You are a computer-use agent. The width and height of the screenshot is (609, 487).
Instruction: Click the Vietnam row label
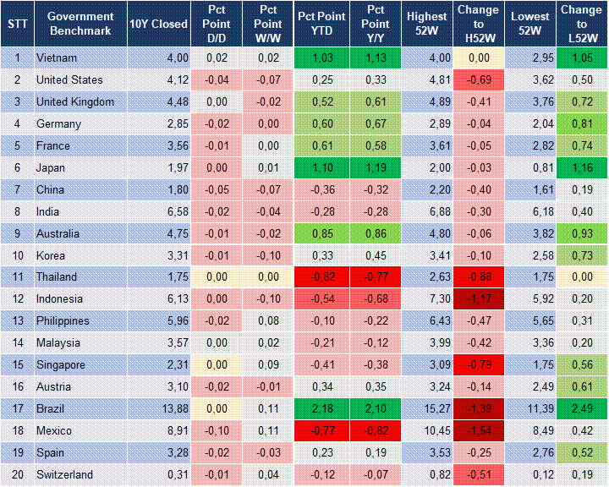pos(57,58)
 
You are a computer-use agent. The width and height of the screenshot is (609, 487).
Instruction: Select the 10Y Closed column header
pos(158,25)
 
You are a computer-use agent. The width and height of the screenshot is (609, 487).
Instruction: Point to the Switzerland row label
pos(64,474)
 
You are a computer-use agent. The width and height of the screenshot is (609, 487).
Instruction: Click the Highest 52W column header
pos(427,25)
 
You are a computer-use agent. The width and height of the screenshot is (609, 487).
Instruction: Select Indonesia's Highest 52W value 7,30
pos(427,299)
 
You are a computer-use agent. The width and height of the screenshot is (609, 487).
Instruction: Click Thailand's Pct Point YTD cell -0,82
pos(320,277)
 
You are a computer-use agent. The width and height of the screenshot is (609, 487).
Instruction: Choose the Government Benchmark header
pos(80,25)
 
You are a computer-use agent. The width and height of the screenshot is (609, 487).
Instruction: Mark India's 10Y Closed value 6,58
pos(158,211)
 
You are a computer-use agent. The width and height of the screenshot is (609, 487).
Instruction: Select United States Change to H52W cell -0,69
pos(479,80)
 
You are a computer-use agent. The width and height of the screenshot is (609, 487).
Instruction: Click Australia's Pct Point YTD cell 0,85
pos(320,233)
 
